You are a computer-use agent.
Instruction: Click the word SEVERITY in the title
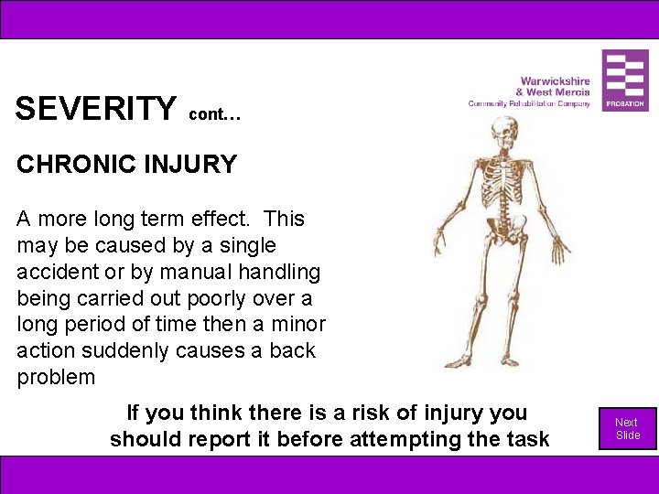coord(95,109)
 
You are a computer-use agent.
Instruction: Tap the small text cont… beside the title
coord(215,114)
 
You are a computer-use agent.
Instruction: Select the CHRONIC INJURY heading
coord(126,165)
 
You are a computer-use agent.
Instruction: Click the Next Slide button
coord(627,428)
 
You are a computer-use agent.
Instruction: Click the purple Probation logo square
coord(625,81)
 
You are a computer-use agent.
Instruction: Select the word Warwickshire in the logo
coord(555,81)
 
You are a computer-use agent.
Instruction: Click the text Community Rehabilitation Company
coord(529,103)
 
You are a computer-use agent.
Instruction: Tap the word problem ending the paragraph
coord(56,378)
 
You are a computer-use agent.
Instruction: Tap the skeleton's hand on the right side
coord(559,248)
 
